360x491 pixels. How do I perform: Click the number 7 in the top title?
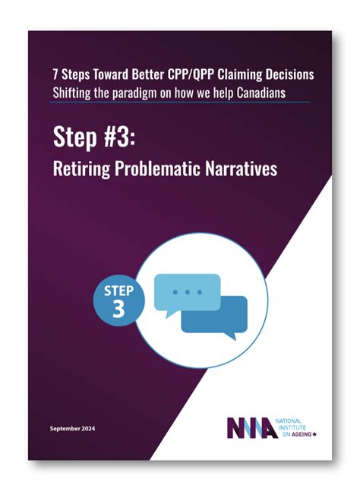55,75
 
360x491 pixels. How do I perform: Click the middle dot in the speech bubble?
187,291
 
